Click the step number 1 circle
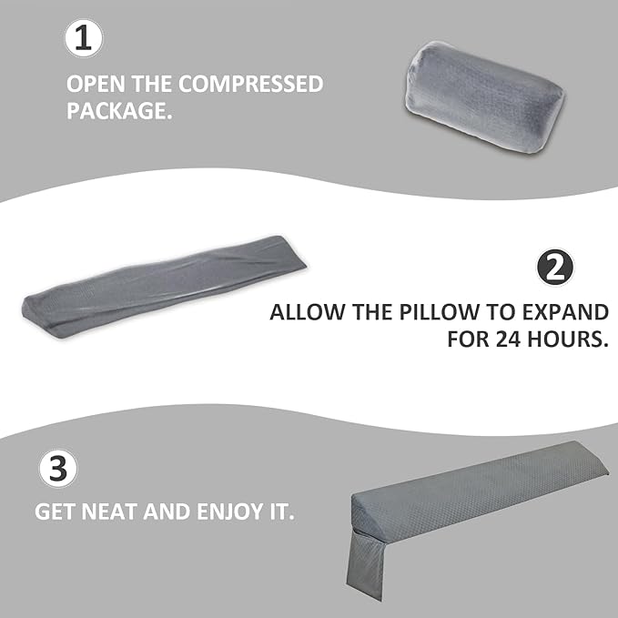tap(85, 39)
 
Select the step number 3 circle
tap(58, 470)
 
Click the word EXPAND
tap(568, 312)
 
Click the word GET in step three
tap(55, 511)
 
